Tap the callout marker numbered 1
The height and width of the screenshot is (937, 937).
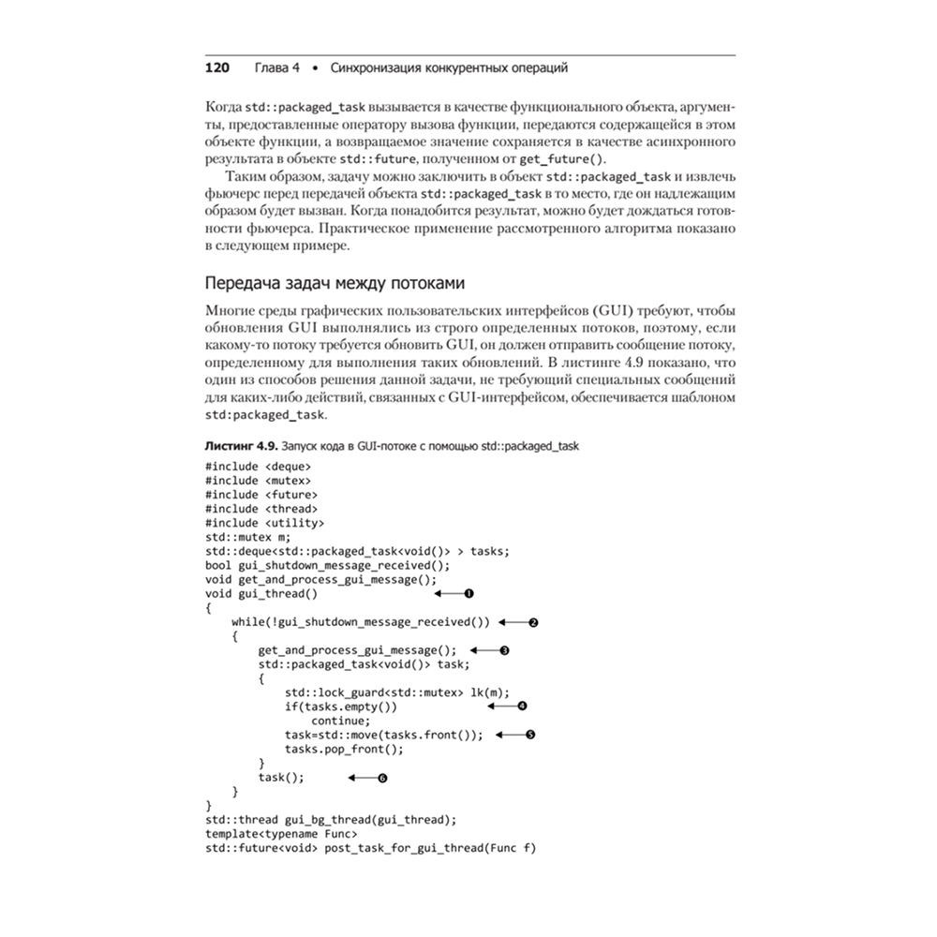(x=468, y=593)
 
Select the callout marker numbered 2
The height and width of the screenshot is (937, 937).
(x=533, y=621)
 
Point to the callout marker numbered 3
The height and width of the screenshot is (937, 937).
(x=504, y=649)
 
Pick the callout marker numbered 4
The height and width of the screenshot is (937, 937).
(x=523, y=706)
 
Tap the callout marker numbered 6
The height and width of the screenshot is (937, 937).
(x=382, y=778)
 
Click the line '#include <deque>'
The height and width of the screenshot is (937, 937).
(x=258, y=466)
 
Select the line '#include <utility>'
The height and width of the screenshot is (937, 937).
(x=264, y=522)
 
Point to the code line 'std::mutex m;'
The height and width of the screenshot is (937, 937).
(x=247, y=537)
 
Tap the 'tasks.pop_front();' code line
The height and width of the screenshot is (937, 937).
(x=344, y=749)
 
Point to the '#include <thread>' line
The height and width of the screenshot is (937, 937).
(x=260, y=508)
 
